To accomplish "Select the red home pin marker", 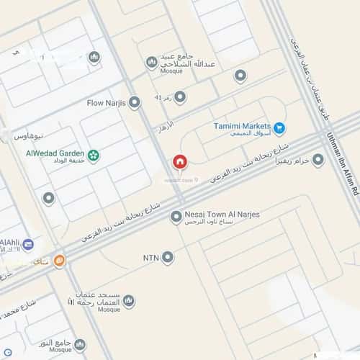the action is pyautogui.click(x=179, y=161).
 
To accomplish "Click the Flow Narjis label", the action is pyautogui.click(x=106, y=103).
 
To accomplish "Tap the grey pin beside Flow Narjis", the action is pyautogui.click(x=134, y=103).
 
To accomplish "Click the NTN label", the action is pyautogui.click(x=151, y=256).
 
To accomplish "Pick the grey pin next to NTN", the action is pyautogui.click(x=168, y=256).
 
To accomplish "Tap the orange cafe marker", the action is pyautogui.click(x=59, y=262).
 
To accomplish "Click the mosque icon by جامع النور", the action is pyautogui.click(x=80, y=344).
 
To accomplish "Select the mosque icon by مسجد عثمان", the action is pyautogui.click(x=128, y=300).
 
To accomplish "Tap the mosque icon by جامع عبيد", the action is pyautogui.click(x=151, y=63).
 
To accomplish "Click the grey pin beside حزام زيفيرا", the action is pyautogui.click(x=318, y=160).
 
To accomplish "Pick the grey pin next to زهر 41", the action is pyautogui.click(x=180, y=96).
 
